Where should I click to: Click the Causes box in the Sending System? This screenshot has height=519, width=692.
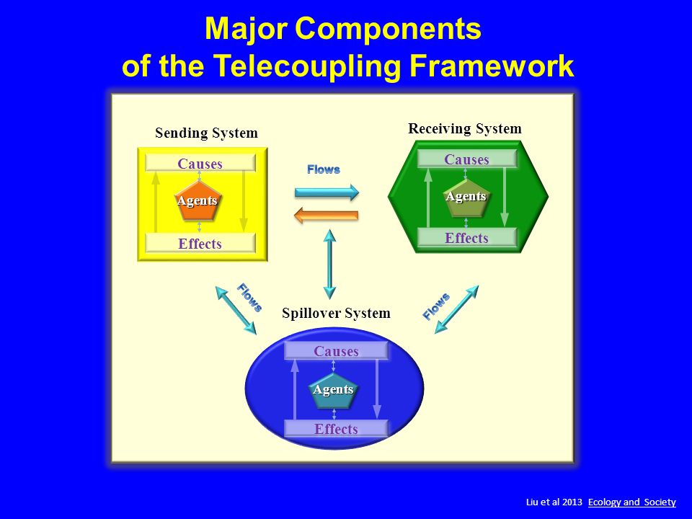click(200, 163)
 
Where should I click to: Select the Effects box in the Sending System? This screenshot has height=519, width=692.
click(200, 243)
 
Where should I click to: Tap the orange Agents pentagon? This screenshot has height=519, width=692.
click(198, 201)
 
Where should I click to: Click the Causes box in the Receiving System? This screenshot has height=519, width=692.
click(466, 159)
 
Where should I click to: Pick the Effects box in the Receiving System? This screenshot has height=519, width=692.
click(466, 238)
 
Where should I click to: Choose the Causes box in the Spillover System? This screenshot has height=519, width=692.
click(336, 351)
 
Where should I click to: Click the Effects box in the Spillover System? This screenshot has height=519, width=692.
click(336, 429)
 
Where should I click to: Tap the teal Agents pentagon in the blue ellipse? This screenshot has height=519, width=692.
click(333, 390)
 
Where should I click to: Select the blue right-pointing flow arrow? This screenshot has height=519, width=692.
click(327, 192)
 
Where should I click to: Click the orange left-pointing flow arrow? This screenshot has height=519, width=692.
click(327, 214)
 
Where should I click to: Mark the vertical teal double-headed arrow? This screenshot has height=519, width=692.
click(329, 265)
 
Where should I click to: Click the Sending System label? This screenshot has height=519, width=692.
click(206, 133)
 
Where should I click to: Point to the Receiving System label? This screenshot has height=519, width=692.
click(464, 129)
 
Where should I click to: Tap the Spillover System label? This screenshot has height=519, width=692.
click(336, 313)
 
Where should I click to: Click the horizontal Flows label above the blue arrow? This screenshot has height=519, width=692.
click(324, 169)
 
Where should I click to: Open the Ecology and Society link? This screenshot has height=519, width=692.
click(632, 502)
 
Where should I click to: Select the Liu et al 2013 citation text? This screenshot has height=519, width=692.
click(553, 502)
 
